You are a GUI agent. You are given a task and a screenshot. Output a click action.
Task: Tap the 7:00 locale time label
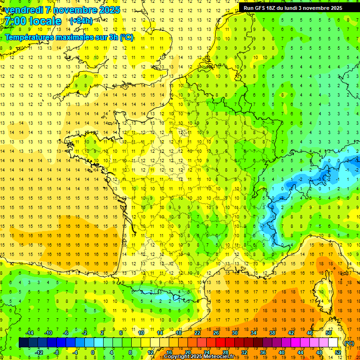[33, 21]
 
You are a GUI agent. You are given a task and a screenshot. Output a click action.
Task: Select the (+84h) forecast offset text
[81, 21]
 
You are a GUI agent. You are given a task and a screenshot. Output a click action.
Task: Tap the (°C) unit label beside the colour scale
[349, 343]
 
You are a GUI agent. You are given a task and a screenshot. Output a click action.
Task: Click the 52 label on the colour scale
[338, 352]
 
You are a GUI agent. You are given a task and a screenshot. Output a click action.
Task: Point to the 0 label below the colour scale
[93, 352]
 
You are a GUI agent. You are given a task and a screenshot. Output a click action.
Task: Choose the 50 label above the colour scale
[328, 333]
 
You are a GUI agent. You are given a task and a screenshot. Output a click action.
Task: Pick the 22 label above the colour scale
[197, 333]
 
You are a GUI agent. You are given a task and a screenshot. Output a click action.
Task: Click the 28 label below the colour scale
[225, 352]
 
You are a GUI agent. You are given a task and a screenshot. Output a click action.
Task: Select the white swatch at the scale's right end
[333, 343]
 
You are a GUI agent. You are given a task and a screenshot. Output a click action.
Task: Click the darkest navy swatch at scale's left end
[23, 343]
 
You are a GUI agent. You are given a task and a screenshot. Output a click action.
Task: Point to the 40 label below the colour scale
[281, 352]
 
